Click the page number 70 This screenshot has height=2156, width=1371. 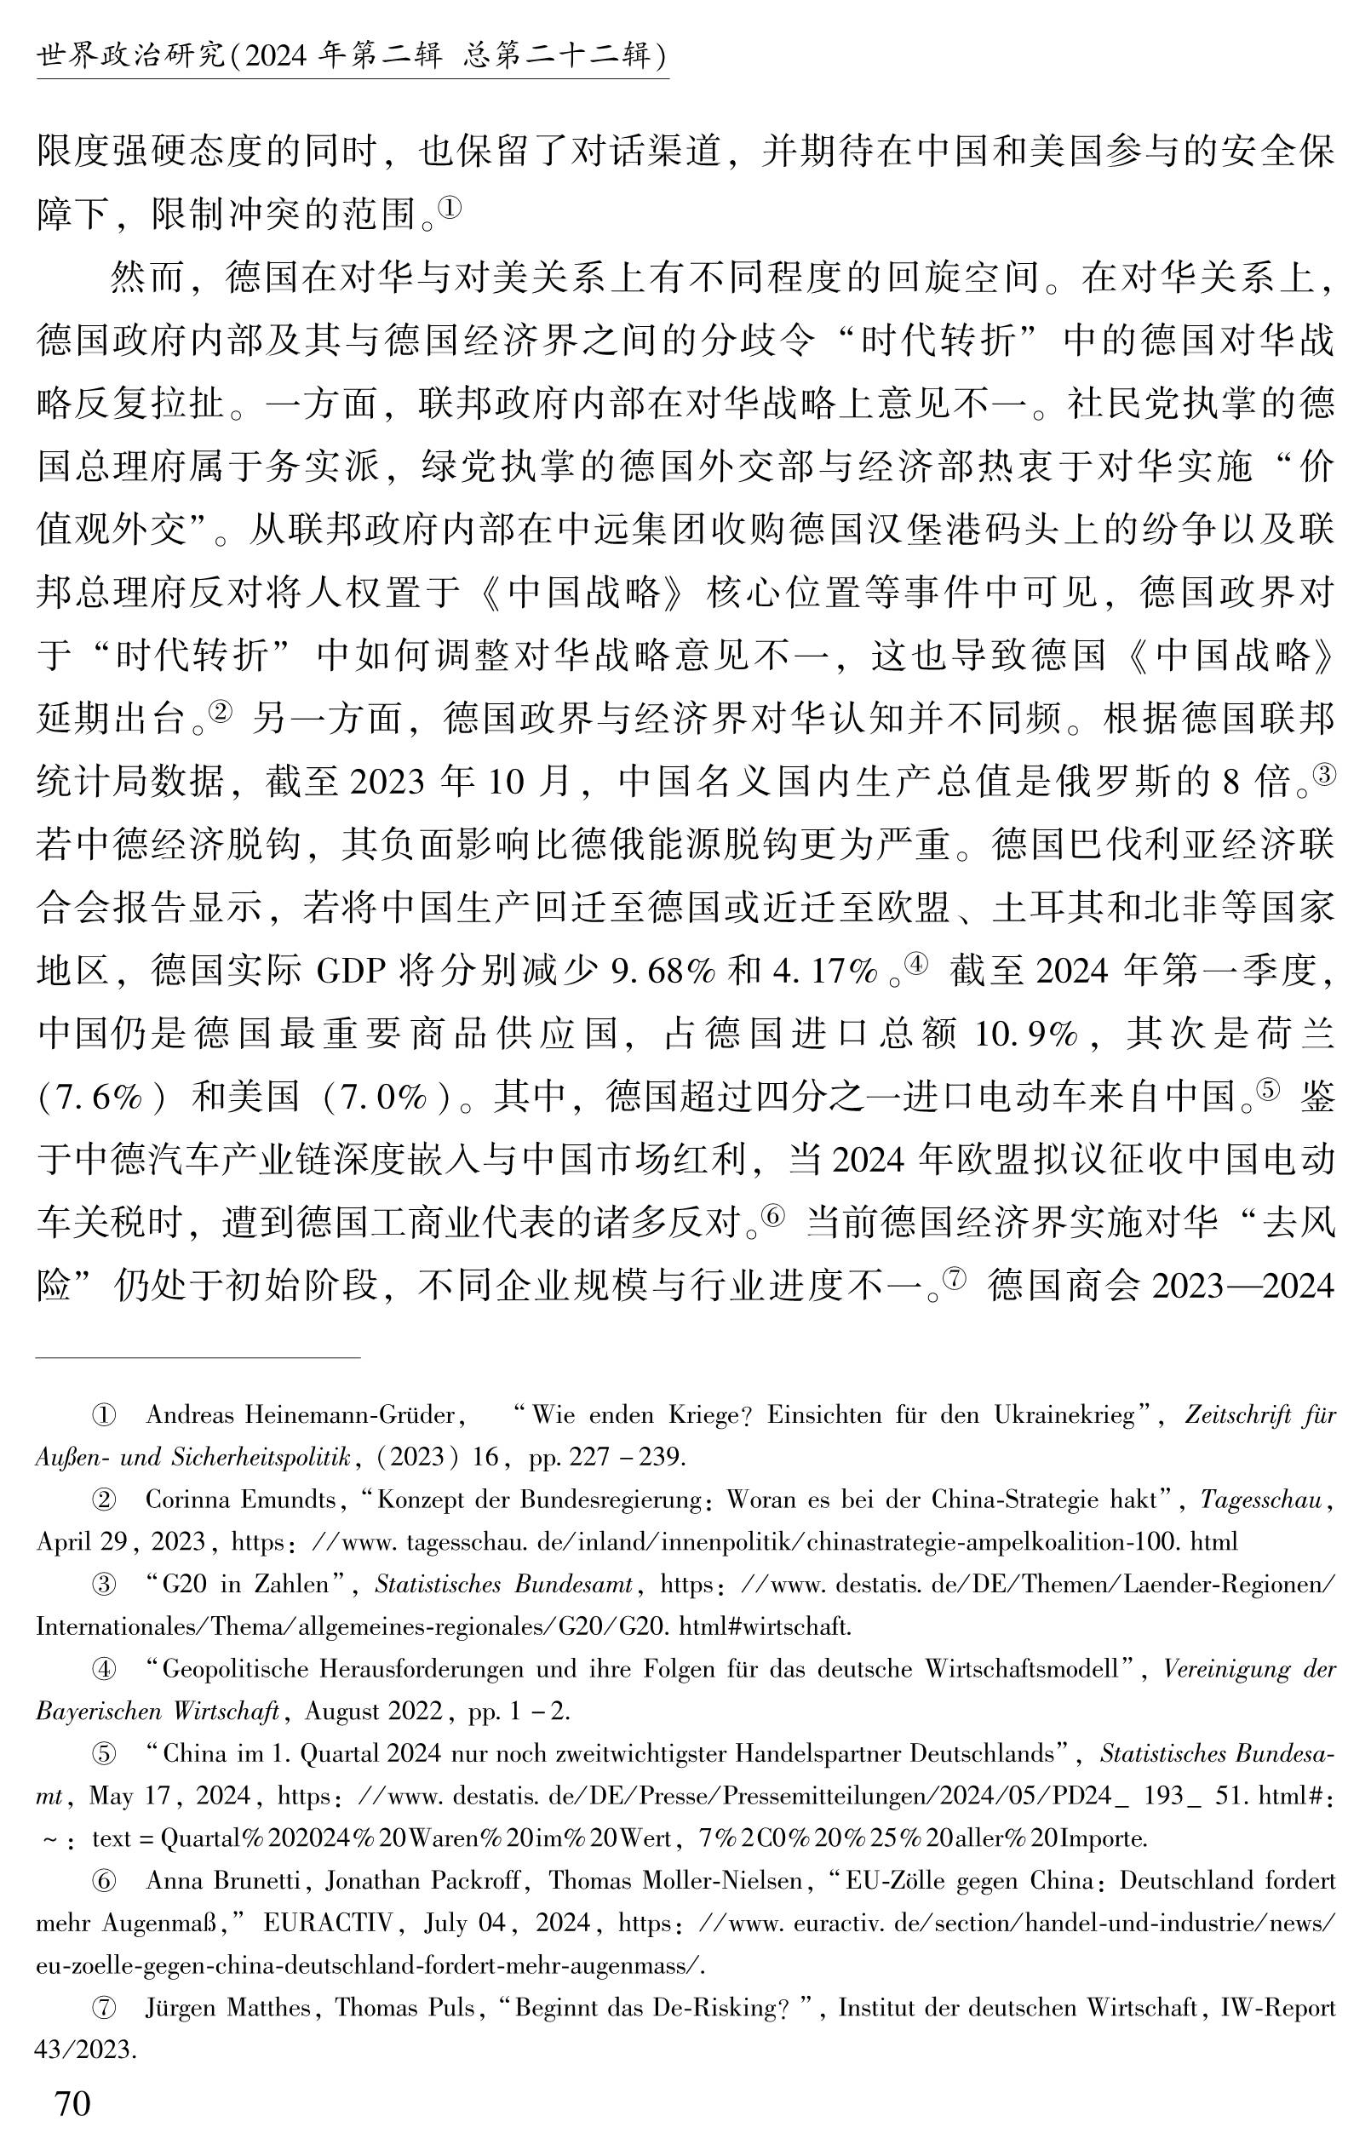(72, 2103)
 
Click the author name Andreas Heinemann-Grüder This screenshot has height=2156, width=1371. (301, 1414)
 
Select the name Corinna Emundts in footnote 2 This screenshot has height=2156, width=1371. (241, 1499)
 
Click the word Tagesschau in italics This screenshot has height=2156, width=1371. (1261, 1499)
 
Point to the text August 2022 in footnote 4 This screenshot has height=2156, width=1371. (374, 1711)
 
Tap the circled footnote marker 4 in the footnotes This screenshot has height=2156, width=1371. (105, 1669)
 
